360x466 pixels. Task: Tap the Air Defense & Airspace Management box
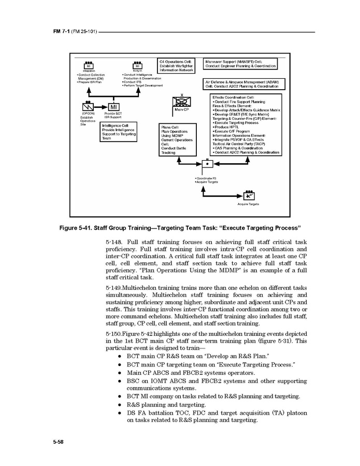tap(242, 84)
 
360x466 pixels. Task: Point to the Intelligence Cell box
tap(119, 132)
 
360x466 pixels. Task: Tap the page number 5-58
tap(57, 442)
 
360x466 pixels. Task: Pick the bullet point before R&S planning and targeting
tap(120, 404)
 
